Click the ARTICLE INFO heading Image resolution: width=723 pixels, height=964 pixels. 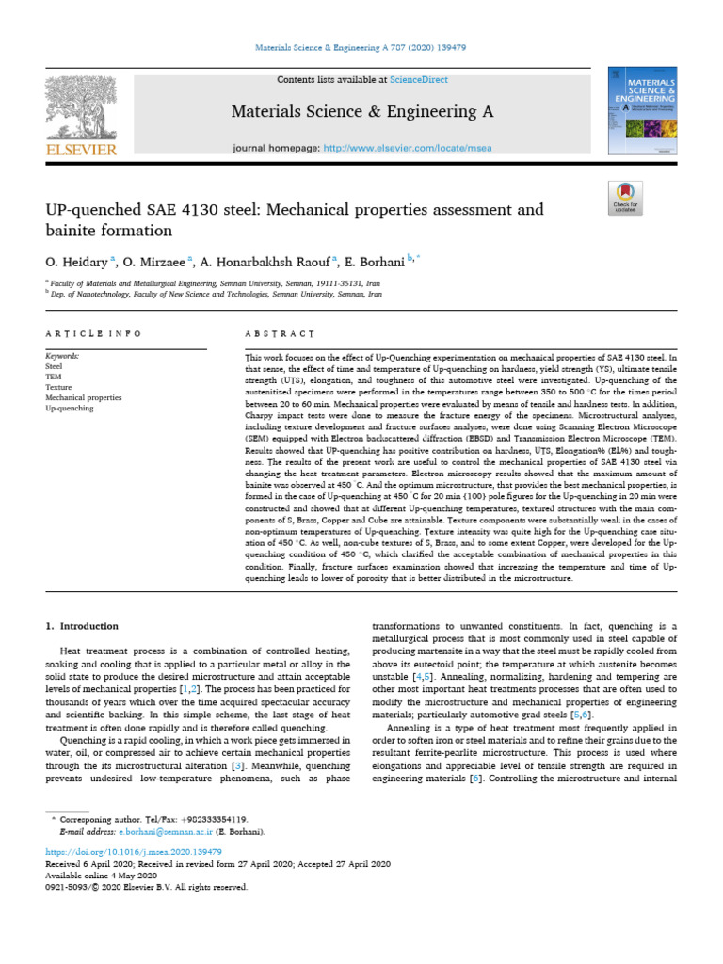(x=94, y=333)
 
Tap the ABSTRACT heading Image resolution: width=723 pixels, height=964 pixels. (x=280, y=333)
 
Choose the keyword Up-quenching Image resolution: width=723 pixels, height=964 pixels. (x=70, y=409)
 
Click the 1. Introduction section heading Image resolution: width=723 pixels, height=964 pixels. (x=83, y=626)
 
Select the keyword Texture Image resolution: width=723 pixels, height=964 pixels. (x=59, y=387)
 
